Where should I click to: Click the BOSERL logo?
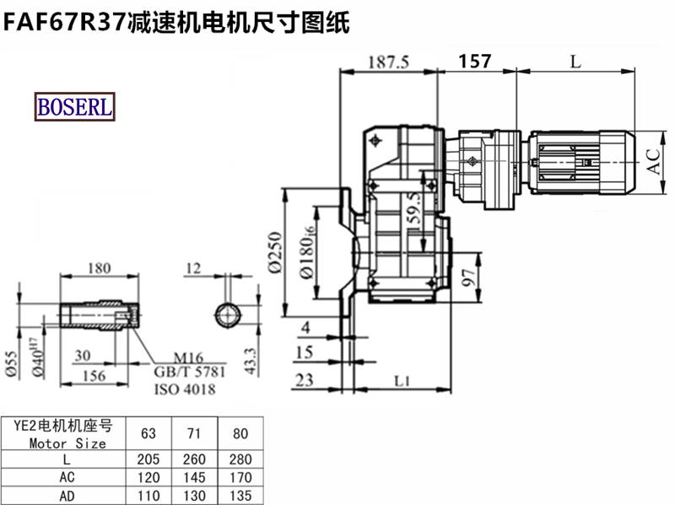coord(75,107)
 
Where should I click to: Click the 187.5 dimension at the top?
coord(389,62)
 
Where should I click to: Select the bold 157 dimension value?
coord(475,62)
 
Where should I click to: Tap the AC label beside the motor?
coord(654,162)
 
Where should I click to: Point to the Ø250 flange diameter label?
coord(275,253)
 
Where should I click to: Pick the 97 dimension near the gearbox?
coord(468,278)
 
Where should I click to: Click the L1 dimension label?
coord(402,381)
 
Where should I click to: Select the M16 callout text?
coord(188,357)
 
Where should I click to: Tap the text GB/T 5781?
coord(189,372)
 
